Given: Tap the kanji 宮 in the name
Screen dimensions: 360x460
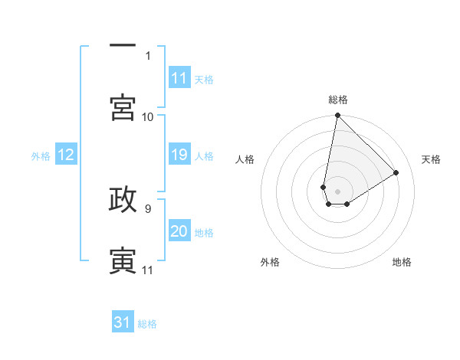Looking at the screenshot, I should [123, 106].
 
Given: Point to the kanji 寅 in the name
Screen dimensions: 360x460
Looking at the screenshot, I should [123, 260].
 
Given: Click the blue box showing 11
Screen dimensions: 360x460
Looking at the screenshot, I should [179, 78].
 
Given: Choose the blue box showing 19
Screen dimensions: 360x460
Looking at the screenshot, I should [179, 155].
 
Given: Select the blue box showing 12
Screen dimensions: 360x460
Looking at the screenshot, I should [66, 155].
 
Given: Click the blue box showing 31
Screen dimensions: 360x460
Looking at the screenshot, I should [123, 322].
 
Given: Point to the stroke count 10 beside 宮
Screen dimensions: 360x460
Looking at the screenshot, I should [148, 116].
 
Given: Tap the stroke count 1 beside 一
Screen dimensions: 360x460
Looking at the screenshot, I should [148, 55].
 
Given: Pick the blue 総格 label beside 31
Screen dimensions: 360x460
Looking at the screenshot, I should [147, 324].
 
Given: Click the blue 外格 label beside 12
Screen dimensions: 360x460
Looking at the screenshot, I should [41, 155].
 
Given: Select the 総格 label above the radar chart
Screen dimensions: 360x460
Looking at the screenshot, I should [338, 100].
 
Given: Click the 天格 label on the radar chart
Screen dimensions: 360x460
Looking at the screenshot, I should [432, 159].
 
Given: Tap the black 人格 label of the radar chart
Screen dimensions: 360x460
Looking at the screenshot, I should [245, 159].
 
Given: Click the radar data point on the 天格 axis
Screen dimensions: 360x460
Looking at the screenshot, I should [396, 172].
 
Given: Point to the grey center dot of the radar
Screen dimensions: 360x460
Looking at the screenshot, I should [337, 191].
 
